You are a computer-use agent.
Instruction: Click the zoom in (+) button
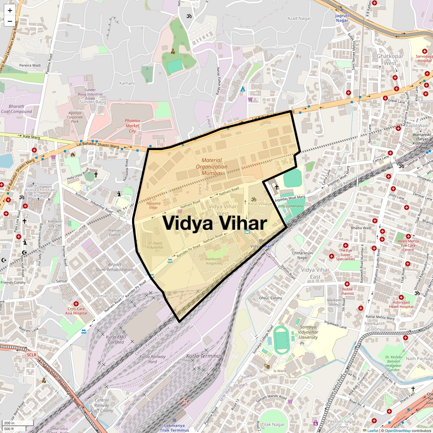[x=10, y=10]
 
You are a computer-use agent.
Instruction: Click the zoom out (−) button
[x=10, y=21]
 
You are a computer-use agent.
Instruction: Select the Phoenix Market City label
[x=132, y=126]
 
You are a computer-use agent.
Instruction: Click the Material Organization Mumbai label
[x=211, y=167]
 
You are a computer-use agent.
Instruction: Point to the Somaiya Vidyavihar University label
[x=308, y=332]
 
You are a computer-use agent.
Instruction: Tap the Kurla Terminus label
[x=204, y=356]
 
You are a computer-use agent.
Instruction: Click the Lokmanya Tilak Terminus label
[x=174, y=428]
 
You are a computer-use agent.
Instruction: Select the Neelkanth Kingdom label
[x=213, y=261]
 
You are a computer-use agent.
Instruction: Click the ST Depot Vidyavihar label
[x=156, y=245]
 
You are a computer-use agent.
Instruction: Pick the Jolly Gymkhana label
[x=290, y=206]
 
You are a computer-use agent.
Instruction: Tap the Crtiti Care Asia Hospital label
[x=76, y=311]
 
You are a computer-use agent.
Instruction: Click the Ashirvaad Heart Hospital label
[x=401, y=304]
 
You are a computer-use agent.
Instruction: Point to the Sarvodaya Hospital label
[x=424, y=58]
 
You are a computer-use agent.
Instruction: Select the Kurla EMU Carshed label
[x=116, y=340]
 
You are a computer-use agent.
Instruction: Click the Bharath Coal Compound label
[x=16, y=109]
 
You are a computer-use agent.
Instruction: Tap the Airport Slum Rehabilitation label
[x=115, y=267]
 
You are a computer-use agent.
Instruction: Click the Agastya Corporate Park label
[x=75, y=117]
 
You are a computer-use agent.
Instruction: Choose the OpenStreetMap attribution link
[x=397, y=430]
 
